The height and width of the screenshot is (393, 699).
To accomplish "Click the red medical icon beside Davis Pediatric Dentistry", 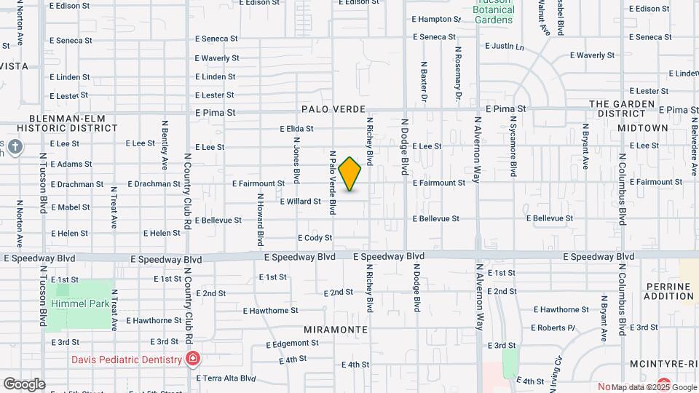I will coord(192,358).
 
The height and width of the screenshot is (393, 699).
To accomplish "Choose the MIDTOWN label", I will coord(643,127).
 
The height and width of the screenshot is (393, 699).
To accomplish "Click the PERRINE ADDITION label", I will coord(668,290).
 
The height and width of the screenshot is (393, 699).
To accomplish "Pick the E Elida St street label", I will coord(296,128).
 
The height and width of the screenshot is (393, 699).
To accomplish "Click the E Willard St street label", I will coord(300,201).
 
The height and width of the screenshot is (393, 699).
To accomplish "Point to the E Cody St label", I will coord(315,238).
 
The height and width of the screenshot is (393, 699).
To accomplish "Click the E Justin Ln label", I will coord(504,46).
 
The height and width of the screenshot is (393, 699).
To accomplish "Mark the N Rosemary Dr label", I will coord(459,74).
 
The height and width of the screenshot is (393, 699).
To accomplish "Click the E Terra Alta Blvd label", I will coord(226,378).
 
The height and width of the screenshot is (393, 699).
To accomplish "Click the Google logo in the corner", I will coord(24,384).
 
